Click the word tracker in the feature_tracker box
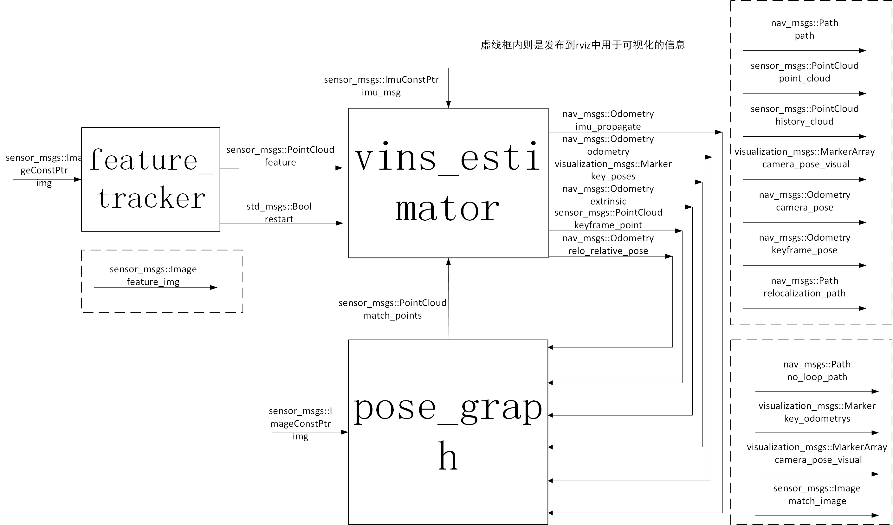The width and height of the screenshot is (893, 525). [151, 198]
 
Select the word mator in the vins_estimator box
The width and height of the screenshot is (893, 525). [448, 210]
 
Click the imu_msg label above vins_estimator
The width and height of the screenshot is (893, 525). [381, 93]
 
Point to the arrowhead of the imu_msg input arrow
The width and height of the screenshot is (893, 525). [448, 104]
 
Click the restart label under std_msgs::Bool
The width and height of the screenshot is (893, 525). [279, 219]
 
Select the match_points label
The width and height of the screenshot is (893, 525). [392, 315]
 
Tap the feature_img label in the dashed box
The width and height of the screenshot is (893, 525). [153, 282]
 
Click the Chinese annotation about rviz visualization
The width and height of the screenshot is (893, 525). [583, 45]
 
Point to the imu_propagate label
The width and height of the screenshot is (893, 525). [608, 126]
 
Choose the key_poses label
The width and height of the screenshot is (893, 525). [613, 176]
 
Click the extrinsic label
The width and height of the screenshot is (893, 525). [608, 201]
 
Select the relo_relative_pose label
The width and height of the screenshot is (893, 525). [608, 251]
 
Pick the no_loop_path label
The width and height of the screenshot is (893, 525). [817, 377]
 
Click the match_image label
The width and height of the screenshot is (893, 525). [817, 501]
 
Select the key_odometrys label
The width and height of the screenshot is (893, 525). [817, 419]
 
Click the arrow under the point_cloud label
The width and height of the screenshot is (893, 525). [805, 94]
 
